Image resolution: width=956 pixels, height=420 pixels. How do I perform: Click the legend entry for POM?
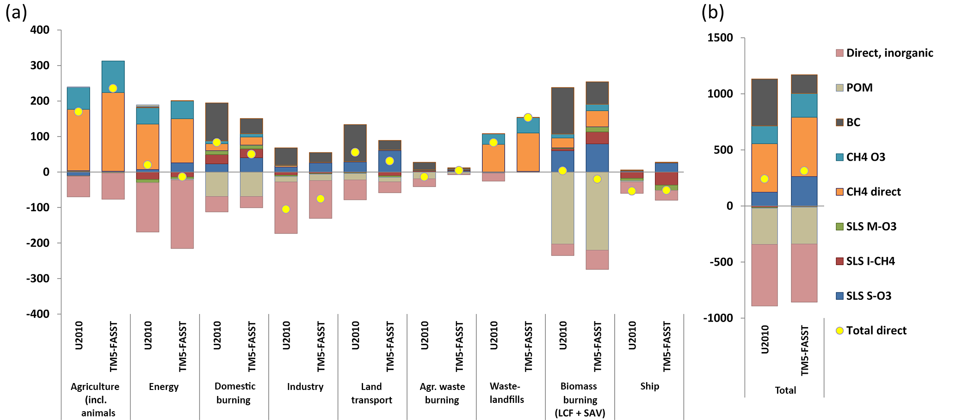[x=859, y=88]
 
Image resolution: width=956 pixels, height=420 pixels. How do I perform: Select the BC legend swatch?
[x=840, y=122]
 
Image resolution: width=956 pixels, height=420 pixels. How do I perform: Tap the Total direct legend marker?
[x=840, y=331]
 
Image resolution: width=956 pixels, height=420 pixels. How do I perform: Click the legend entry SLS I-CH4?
[x=870, y=262]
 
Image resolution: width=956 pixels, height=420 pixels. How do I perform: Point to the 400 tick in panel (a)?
[x=40, y=30]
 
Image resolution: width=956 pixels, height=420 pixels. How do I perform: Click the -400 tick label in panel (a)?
[x=38, y=314]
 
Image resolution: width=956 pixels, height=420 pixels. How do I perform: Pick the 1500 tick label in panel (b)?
[x=720, y=38]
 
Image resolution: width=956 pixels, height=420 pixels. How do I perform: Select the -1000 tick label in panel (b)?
[x=718, y=318]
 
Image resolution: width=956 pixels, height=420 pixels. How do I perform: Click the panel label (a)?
[x=16, y=12]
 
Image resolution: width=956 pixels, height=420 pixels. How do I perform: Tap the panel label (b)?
[x=713, y=12]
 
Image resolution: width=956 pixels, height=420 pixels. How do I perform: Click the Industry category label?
[x=305, y=387]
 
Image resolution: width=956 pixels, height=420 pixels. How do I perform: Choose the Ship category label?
[x=649, y=386]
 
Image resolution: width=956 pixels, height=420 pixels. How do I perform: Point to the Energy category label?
[x=164, y=387]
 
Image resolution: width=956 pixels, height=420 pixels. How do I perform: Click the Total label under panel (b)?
[x=785, y=390]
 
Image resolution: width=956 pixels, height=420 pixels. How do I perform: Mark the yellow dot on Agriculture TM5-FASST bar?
[x=113, y=88]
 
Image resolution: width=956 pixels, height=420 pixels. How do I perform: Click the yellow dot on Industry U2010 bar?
[x=286, y=209]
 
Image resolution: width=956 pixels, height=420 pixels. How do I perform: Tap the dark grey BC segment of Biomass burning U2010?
[x=562, y=111]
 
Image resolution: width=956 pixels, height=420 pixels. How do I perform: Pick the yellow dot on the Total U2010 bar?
[x=764, y=179]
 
